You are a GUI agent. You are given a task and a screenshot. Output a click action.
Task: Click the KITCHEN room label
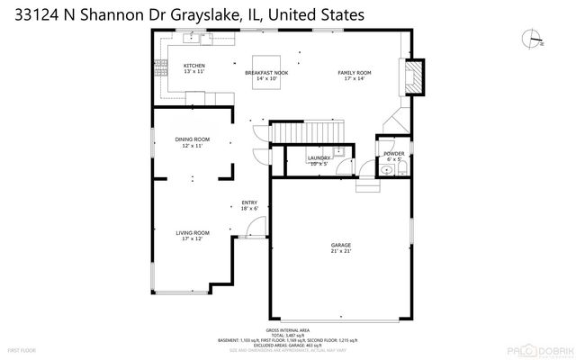point(194,66)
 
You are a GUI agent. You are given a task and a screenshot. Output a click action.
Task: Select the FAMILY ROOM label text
point(354,73)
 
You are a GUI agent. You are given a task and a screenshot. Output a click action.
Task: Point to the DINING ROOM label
point(193,139)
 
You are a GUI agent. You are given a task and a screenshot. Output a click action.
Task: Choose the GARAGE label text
point(340,245)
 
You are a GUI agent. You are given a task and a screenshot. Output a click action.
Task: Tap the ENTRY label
point(249,203)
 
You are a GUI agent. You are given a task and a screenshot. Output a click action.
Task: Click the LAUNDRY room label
point(319,157)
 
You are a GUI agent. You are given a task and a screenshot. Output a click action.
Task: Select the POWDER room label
point(393,154)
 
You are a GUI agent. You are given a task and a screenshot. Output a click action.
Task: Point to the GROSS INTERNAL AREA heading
point(289,330)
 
